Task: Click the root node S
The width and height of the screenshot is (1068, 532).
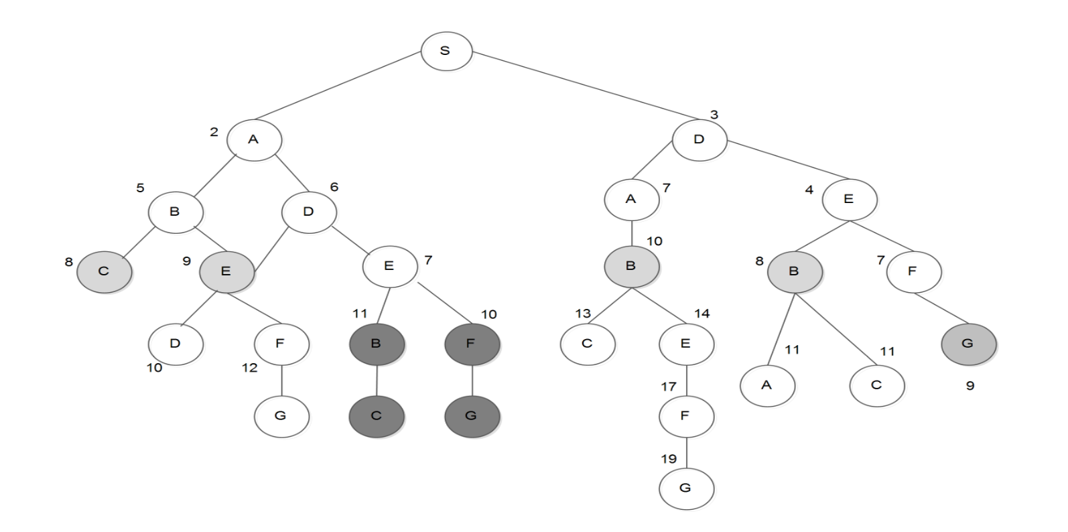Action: click(446, 51)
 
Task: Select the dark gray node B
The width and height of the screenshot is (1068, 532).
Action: click(377, 344)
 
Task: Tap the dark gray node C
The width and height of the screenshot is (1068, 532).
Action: click(377, 415)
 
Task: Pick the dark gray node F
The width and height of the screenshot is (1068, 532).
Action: click(472, 344)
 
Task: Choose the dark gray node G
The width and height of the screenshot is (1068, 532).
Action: click(472, 415)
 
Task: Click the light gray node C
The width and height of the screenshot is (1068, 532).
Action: click(104, 271)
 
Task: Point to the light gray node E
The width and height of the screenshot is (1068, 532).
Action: click(226, 271)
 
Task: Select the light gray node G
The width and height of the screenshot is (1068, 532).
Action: click(967, 343)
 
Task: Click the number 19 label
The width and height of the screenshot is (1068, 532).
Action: click(669, 459)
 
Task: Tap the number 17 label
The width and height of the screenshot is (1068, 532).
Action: click(669, 387)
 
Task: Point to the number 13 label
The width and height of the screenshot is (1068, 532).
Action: click(583, 314)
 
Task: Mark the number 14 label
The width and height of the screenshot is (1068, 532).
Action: click(702, 314)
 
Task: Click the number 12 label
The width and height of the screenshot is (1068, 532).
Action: click(249, 368)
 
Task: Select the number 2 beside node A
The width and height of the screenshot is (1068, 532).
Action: click(214, 132)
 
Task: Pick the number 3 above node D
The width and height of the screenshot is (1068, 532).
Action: click(714, 115)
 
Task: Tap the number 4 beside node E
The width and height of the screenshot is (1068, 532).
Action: click(809, 190)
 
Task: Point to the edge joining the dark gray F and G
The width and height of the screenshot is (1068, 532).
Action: click(472, 380)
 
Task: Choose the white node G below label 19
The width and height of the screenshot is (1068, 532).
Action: click(685, 487)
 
